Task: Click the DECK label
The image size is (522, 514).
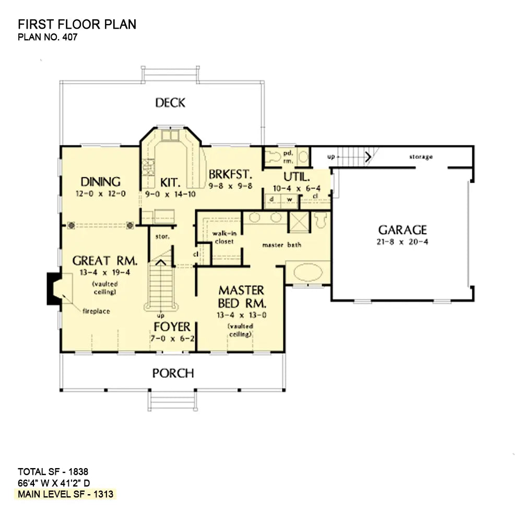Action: click(170, 102)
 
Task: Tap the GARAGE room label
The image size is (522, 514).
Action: click(402, 230)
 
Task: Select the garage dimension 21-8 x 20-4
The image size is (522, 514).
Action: click(402, 242)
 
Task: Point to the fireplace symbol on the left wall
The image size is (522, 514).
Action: click(54, 289)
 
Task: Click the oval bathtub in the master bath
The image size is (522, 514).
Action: click(309, 273)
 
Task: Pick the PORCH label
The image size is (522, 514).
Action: click(173, 373)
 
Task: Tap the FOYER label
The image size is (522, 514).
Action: click(172, 327)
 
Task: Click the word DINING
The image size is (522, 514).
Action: click(101, 182)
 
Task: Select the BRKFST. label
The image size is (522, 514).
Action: click(230, 174)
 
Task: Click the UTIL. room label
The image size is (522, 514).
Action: click(296, 176)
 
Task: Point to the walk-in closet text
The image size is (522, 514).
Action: click(224, 237)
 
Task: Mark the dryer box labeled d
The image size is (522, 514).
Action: click(272, 199)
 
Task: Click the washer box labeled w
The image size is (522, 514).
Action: click(290, 199)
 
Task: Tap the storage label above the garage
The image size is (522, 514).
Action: click(421, 157)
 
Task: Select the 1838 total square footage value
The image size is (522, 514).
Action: click(78, 472)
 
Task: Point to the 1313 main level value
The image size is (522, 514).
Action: click(103, 494)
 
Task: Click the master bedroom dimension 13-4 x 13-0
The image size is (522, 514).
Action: click(241, 315)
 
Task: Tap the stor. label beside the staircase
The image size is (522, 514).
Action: click(162, 237)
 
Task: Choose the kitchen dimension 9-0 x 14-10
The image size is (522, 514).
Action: click(170, 194)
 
